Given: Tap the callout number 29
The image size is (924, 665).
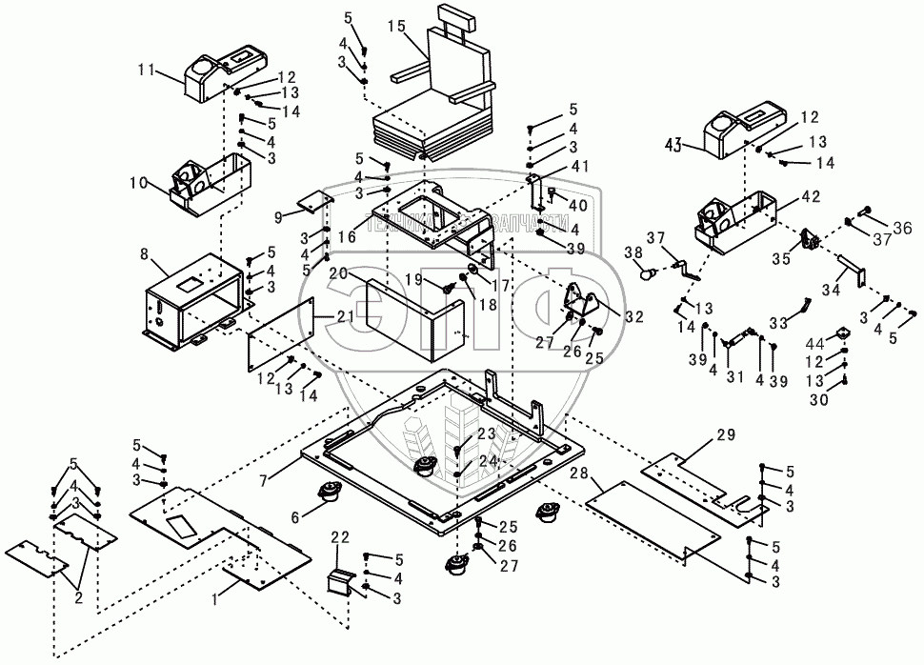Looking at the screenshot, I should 726,435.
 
